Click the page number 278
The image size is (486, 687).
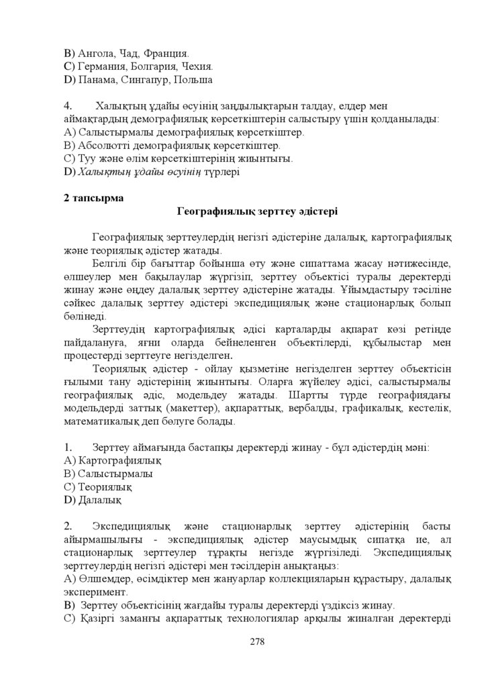[256, 641]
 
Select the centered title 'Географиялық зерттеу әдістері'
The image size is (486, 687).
[257, 211]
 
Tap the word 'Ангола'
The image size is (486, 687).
[95, 52]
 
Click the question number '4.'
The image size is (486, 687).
[68, 106]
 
